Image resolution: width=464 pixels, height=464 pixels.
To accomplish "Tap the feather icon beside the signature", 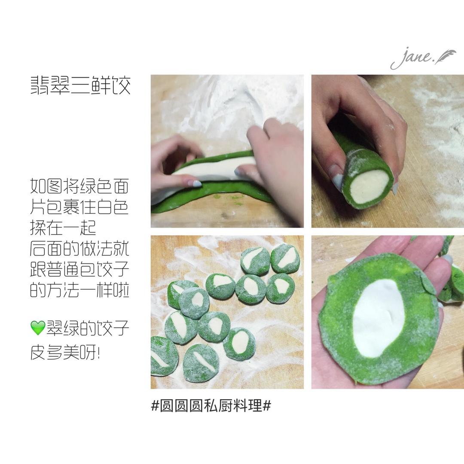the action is pos(445,56).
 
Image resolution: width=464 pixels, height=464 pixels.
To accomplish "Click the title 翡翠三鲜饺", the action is pos(80,85).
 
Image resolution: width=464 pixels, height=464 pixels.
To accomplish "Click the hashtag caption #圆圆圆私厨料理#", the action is pos(211,406).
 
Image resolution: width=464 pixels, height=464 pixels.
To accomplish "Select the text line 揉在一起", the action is pos(63,227).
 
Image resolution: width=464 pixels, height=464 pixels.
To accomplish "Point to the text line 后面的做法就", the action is pos(79,248).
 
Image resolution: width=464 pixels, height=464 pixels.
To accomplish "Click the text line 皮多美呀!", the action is pos(65,352).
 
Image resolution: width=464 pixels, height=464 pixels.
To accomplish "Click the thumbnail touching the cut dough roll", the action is pos(338,183).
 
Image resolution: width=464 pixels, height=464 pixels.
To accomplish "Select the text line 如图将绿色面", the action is pos(79,186).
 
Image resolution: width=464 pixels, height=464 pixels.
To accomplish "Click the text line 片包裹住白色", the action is pos(79,207).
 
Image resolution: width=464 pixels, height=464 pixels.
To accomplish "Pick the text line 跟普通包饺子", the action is pos(79,269).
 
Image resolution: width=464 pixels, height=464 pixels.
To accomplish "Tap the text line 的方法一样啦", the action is pos(79,290).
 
